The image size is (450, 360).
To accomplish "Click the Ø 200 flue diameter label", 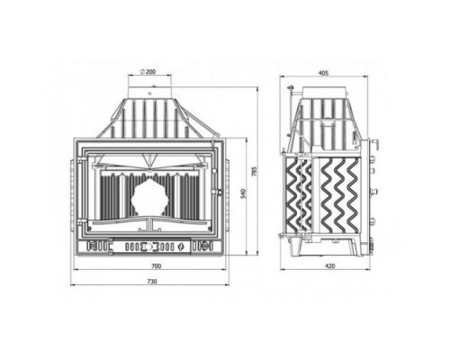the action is click(x=148, y=72).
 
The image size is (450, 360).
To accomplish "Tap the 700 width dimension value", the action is click(x=157, y=266).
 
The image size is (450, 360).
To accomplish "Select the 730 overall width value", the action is click(x=152, y=282).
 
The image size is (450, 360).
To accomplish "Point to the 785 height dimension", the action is click(x=254, y=171).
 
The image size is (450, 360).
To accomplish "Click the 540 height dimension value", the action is click(x=243, y=193).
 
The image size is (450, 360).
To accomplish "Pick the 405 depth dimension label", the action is click(x=323, y=73).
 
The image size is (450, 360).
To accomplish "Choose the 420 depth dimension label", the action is click(x=330, y=266).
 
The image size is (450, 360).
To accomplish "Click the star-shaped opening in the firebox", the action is click(x=149, y=197).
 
